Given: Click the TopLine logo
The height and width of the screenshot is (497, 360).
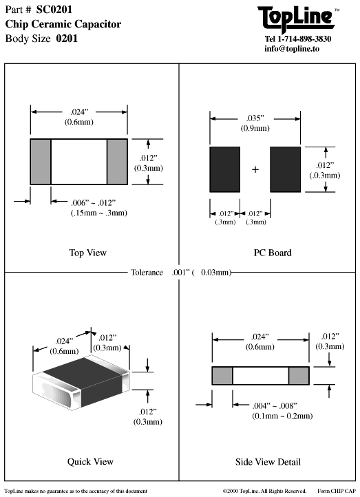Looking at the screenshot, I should pos(298,17).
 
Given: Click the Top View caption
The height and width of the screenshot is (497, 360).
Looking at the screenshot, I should pos(88,253).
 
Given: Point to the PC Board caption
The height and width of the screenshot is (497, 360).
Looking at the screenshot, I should pos(273,253).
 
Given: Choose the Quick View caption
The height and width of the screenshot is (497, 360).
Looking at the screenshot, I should pos(90,461).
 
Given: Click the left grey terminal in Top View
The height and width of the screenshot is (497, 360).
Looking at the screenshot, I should pos(41,161).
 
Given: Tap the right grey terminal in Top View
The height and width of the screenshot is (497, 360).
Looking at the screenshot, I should pos(117,161).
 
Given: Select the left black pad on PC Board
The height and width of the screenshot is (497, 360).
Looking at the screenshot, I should pos(224,169).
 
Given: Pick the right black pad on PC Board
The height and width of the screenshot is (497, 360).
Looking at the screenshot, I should pos(286,169).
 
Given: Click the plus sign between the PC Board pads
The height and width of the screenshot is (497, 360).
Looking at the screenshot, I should pos(255,169).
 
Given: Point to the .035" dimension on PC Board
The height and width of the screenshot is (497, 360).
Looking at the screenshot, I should pos(255,118).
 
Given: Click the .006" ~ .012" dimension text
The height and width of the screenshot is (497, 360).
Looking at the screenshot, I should pos(98,203).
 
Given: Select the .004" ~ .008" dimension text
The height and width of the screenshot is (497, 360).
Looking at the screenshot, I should pos(273,407).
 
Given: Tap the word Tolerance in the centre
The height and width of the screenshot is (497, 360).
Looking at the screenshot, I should pos(147,273).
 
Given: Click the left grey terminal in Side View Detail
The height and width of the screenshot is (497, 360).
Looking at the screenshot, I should pos(222,376).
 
